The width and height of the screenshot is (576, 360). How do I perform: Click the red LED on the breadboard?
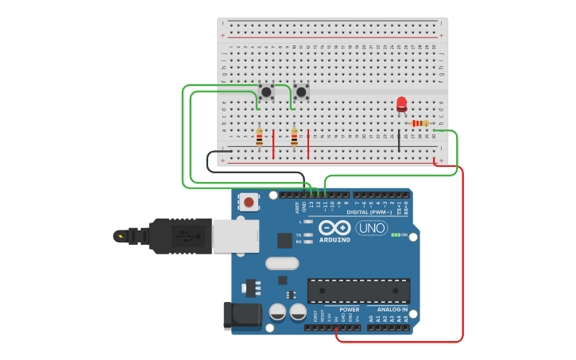tap(401, 104)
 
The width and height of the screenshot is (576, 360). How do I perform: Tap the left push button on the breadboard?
tap(266, 91)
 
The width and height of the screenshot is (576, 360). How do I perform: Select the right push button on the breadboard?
tap(301, 91)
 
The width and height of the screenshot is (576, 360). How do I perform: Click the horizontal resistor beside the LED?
tap(420, 123)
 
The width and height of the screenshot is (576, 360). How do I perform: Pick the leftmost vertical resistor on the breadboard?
tap(259, 137)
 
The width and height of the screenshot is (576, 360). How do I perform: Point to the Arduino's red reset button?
tap(249, 202)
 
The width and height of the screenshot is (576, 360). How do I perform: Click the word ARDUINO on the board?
tap(334, 239)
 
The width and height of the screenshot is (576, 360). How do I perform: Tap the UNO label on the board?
tap(371, 229)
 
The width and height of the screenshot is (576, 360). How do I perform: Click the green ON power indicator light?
tap(395, 235)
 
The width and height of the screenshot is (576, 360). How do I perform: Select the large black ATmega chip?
tap(358, 291)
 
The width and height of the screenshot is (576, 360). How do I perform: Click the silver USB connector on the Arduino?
tap(235, 236)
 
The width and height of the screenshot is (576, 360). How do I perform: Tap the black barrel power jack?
tap(242, 315)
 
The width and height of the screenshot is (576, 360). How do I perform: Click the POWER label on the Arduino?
tap(349, 309)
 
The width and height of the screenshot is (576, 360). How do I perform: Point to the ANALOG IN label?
tap(388, 309)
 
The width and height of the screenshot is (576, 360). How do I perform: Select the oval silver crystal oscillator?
tap(281, 263)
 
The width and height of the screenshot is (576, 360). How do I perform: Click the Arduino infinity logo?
tap(334, 227)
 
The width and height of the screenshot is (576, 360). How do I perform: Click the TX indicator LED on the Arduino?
tap(307, 235)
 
